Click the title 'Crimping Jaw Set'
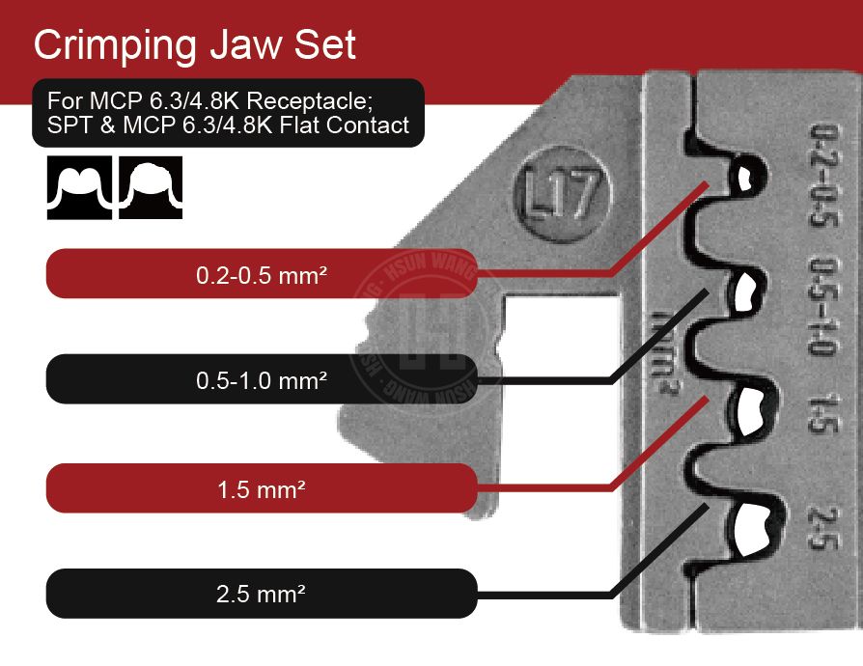pos(195,44)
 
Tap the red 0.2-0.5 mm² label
pos(261,274)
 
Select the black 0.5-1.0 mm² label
pos(261,379)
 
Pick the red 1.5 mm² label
pos(261,488)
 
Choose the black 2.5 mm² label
pos(261,594)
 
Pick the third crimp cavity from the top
pos(748,409)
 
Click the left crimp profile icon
pos(80,186)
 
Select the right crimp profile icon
pos(151,186)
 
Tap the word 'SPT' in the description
pos(67,125)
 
